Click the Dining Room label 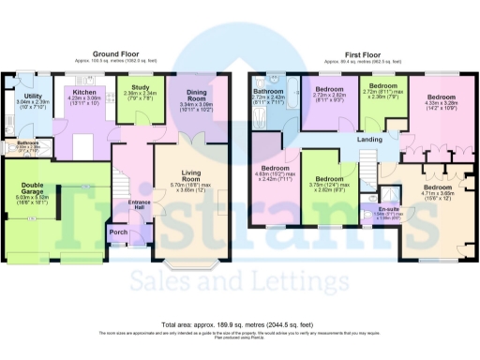tap(197, 96)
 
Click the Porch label tap(118, 231)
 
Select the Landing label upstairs tap(369, 140)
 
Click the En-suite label tap(389, 209)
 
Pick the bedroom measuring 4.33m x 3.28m tap(442, 96)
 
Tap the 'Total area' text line tap(240, 324)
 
